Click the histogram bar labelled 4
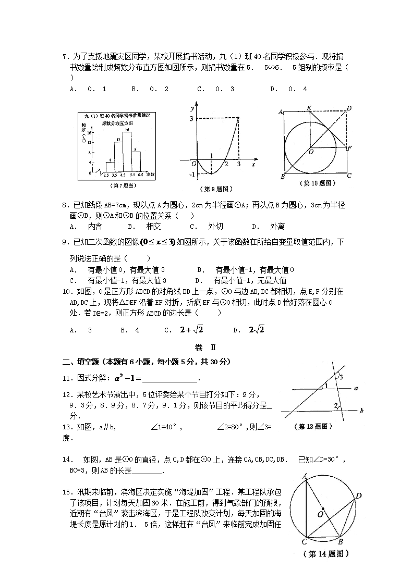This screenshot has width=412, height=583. [x=110, y=167]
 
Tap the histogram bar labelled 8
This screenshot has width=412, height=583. [x=136, y=162]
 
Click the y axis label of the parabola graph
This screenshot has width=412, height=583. [x=193, y=109]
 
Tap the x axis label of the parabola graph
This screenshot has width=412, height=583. [x=253, y=165]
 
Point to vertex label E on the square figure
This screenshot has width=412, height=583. [x=309, y=108]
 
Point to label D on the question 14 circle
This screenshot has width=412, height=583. [x=359, y=496]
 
